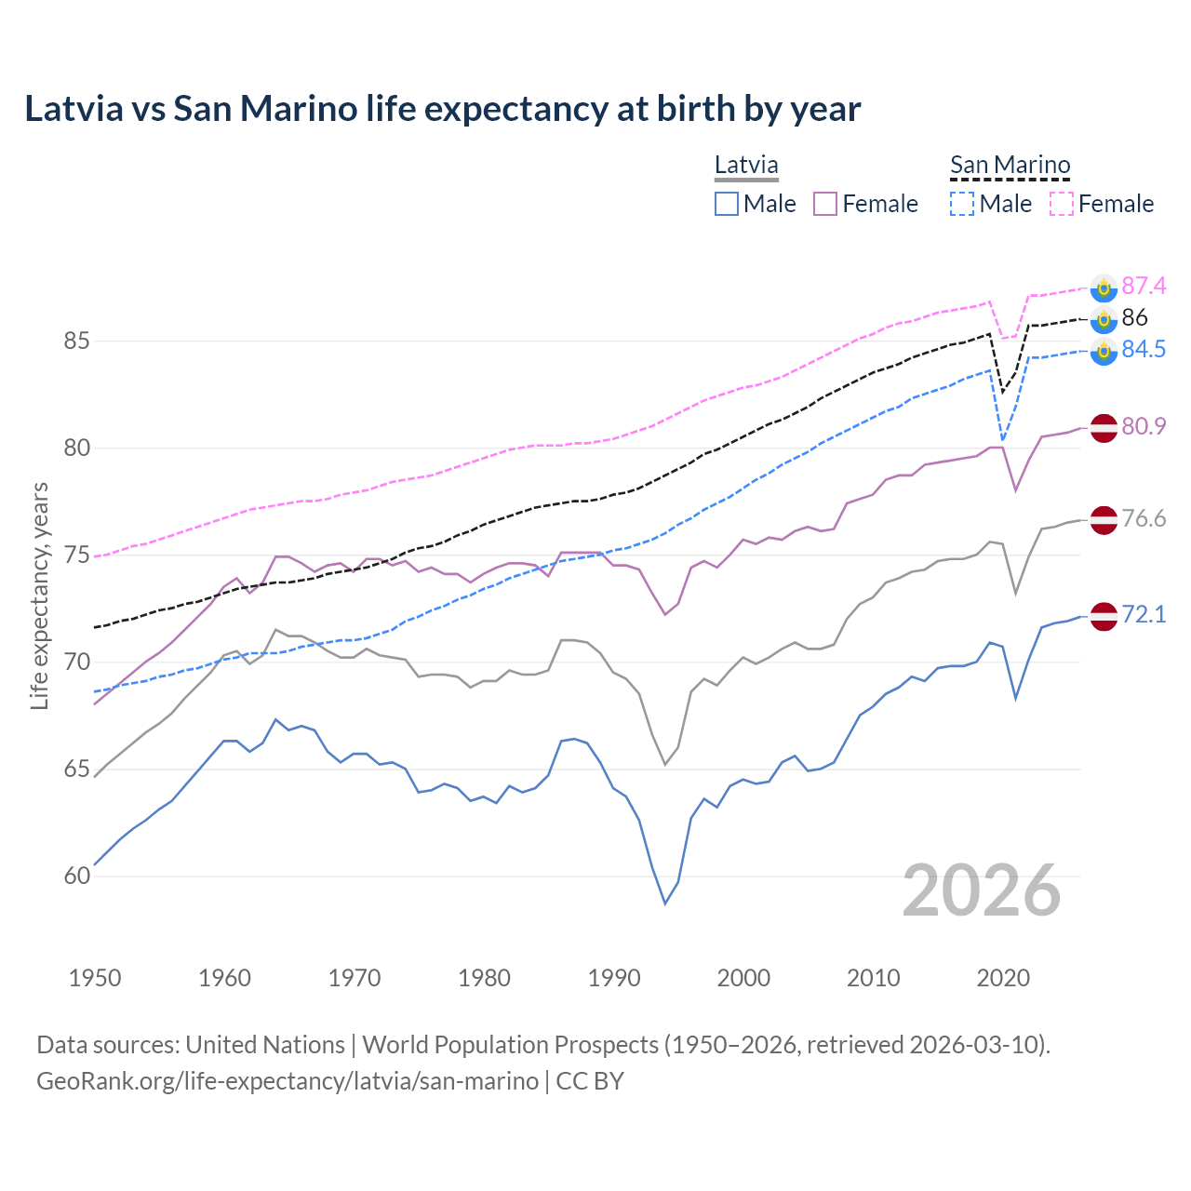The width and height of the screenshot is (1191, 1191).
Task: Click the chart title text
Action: coord(443,109)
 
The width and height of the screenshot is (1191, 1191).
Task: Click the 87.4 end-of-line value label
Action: coord(1144,286)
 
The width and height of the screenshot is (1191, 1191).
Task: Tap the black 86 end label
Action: coord(1134,317)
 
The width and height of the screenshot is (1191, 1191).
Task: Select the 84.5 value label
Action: coord(1144,349)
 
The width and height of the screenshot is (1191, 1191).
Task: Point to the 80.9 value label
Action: coord(1144,426)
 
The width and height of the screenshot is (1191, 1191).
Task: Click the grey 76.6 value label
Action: coord(1144,518)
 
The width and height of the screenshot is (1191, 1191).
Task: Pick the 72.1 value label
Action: coord(1144,614)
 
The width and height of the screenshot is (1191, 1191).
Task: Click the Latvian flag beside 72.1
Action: coord(1103,615)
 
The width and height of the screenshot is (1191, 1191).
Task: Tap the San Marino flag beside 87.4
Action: coord(1103,288)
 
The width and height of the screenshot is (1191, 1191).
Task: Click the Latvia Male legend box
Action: coord(727,204)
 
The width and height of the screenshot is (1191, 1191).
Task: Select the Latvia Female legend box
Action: coord(825,204)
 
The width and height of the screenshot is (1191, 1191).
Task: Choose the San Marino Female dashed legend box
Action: coord(1062,204)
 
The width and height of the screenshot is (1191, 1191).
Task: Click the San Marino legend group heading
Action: coord(1010,166)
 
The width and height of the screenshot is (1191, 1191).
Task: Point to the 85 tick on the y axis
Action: coord(76,341)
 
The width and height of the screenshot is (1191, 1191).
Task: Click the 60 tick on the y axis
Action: coord(76,877)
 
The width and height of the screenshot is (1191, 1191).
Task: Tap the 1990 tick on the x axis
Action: coord(614,978)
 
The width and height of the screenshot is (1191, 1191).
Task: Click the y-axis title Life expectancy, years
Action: coord(39,595)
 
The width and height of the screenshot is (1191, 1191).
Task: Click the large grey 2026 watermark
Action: coord(982,890)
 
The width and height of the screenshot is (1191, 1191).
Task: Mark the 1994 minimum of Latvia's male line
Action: coord(665,903)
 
